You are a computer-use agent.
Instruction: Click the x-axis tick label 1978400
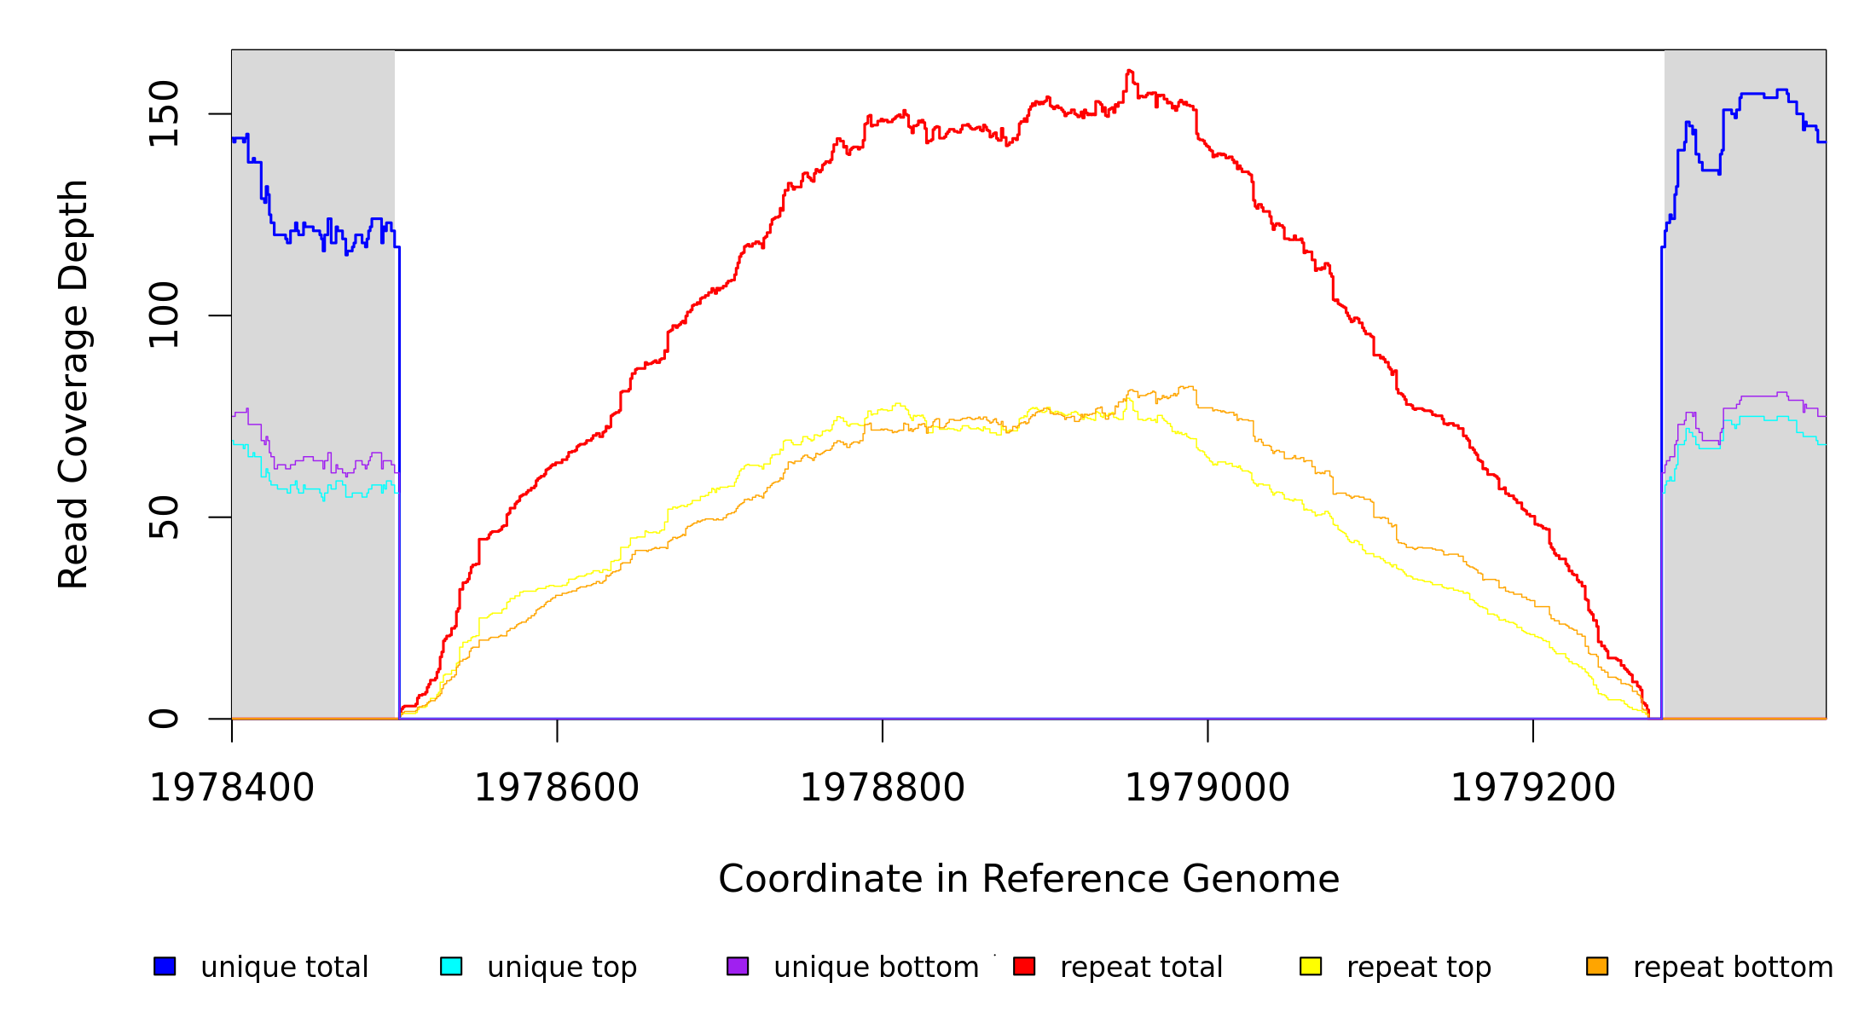[x=232, y=789]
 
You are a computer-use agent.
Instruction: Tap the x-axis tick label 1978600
[x=557, y=789]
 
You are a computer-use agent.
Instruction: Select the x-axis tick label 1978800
[x=883, y=789]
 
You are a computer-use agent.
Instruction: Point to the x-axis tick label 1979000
[x=1207, y=789]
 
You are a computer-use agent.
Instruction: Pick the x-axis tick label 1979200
[x=1533, y=789]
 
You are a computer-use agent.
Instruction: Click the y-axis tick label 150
[x=164, y=113]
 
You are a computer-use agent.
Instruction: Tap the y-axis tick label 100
[x=164, y=315]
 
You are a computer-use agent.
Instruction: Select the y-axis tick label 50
[x=164, y=517]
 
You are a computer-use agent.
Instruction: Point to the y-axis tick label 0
[x=164, y=719]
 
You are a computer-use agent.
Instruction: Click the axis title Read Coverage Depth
[x=73, y=384]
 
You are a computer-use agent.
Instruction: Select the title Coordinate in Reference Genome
[x=1028, y=880]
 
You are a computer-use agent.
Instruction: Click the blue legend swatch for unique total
[x=165, y=966]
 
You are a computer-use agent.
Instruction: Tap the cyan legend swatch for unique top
[x=451, y=966]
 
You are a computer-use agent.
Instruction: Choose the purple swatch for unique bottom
[x=738, y=966]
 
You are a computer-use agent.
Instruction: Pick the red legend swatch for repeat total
[x=1024, y=966]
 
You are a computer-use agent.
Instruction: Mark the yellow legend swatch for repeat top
[x=1311, y=966]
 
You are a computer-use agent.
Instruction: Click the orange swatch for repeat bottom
[x=1597, y=966]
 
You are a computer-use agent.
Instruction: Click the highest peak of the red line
[x=1129, y=71]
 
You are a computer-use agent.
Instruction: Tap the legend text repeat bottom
[x=1733, y=968]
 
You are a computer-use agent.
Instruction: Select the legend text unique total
[x=285, y=968]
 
